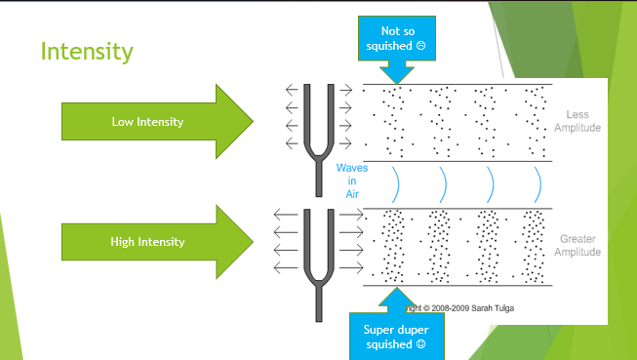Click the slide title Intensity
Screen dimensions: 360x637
click(87, 51)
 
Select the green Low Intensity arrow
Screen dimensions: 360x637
click(146, 122)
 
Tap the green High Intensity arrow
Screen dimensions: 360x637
click(146, 241)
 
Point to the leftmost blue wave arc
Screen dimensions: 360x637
click(395, 182)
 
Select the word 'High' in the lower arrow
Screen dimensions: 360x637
click(124, 241)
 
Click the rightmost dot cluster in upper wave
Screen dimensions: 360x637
click(535, 122)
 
